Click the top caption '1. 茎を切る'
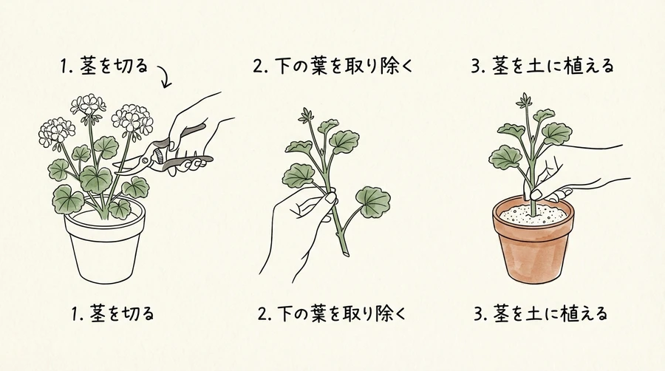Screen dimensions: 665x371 point(104,67)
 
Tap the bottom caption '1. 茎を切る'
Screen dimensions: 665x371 point(112,314)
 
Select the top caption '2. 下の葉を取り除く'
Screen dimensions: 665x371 point(332,66)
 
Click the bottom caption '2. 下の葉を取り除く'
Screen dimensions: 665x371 point(332,314)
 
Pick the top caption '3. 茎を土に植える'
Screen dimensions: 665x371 point(542,66)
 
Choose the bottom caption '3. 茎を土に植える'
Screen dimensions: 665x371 point(541,314)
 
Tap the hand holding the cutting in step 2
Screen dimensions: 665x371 point(297,229)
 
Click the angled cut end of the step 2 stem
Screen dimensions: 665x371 point(346,253)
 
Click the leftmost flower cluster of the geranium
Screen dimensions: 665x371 point(55,131)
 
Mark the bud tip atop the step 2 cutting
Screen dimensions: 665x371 point(306,115)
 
